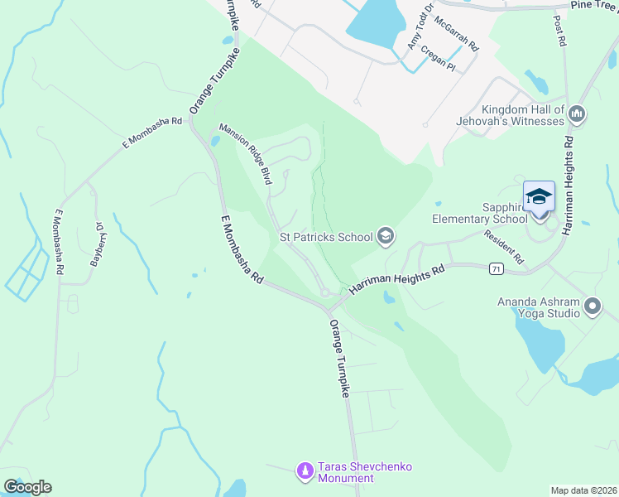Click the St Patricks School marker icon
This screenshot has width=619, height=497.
(x=385, y=237)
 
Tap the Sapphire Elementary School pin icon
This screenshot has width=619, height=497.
(x=539, y=197)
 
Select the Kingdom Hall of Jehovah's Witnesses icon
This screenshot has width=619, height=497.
(x=578, y=114)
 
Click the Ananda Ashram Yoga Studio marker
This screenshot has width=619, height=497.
(x=593, y=307)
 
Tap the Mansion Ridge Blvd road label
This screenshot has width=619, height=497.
(x=246, y=153)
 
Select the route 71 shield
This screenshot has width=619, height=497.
(x=496, y=268)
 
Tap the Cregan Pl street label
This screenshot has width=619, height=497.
(x=438, y=56)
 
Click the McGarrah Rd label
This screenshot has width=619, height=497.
(x=455, y=35)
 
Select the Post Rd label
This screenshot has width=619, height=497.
(x=560, y=29)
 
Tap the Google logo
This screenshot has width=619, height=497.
(x=27, y=487)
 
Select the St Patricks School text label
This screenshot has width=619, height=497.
(x=326, y=237)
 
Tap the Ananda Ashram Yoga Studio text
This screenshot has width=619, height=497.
(x=539, y=307)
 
